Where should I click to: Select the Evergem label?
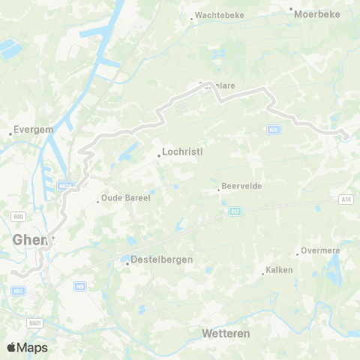[34, 129]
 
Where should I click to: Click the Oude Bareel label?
[127, 199]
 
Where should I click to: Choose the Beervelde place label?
[241, 186]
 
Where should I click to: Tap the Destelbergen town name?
[162, 259]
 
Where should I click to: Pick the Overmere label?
[320, 250]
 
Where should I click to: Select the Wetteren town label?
[226, 332]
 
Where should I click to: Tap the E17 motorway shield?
[233, 212]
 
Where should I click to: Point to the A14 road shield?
[346, 199]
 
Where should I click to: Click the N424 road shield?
[66, 186]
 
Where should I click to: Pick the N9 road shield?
[80, 286]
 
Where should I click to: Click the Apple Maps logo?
[27, 347]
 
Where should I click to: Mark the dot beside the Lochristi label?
[159, 156]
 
